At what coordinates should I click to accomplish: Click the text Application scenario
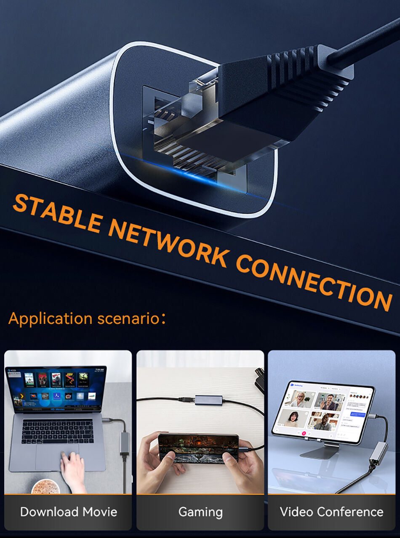click(x=86, y=318)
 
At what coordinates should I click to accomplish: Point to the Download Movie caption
click(x=68, y=512)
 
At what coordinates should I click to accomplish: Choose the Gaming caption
click(x=200, y=512)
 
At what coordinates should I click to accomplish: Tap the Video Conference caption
click(x=331, y=512)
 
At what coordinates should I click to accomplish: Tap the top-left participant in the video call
click(x=300, y=399)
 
